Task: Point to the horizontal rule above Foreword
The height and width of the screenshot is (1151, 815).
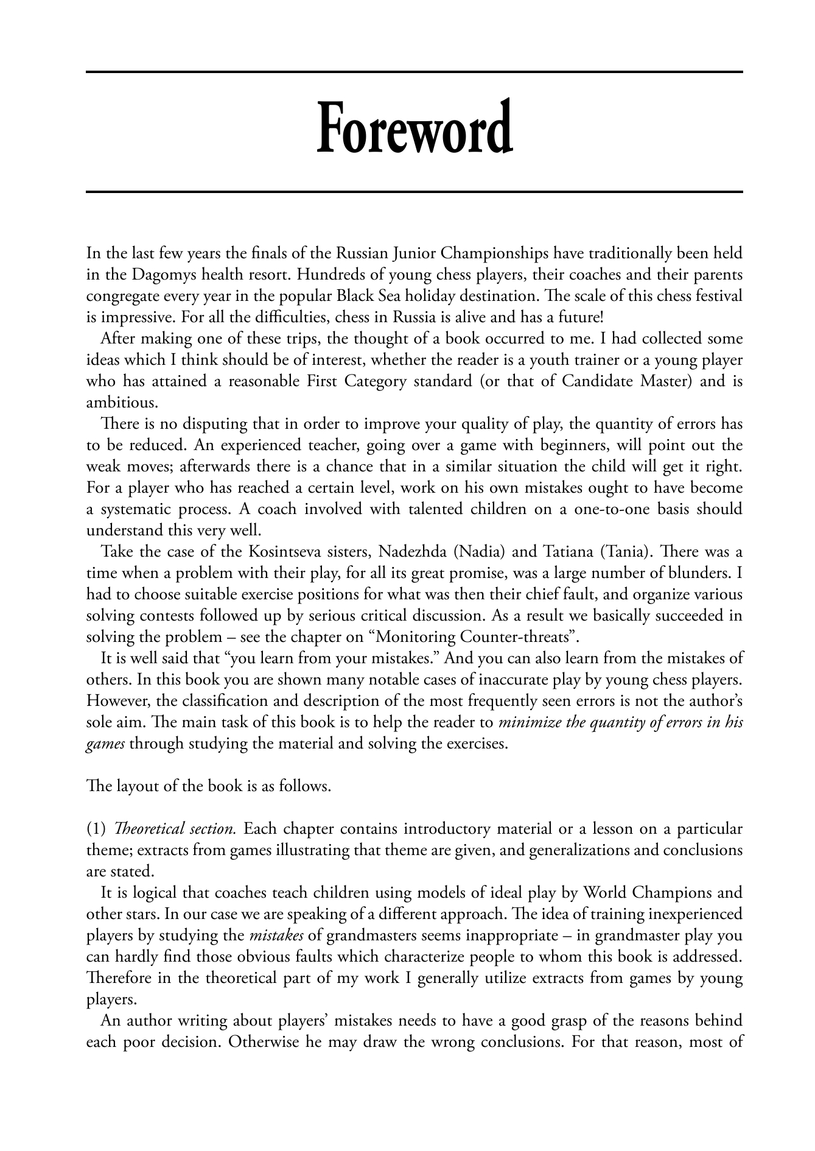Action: click(x=414, y=72)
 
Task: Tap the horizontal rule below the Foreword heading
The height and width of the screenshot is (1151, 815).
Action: click(x=414, y=192)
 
